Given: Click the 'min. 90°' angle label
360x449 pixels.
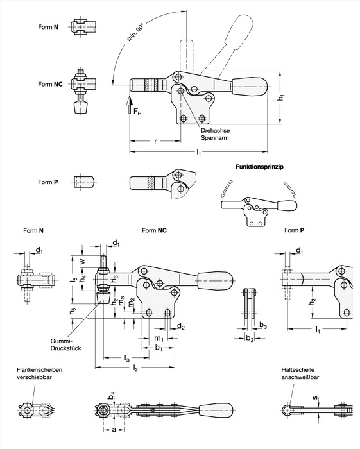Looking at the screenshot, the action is point(135,33).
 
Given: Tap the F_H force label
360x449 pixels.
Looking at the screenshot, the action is point(137,112).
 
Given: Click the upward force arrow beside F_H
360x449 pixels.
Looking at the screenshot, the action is point(130,105).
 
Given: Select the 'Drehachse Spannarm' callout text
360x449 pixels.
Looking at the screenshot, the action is point(215,134).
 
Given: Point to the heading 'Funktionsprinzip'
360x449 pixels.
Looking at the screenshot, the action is point(259,167).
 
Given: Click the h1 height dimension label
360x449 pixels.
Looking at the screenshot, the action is point(282,97).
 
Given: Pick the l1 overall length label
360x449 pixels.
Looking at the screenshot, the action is point(198,153).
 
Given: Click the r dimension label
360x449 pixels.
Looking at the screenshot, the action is point(155,141).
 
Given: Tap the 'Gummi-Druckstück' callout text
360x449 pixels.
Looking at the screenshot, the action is point(65,345).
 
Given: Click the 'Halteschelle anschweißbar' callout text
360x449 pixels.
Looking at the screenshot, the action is point(300,373).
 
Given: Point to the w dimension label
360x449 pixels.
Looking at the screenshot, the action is point(83,261).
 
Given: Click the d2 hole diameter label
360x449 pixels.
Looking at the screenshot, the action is point(181,326).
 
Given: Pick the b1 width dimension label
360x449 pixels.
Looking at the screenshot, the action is point(159,348).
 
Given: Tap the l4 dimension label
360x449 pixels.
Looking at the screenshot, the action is point(318,330).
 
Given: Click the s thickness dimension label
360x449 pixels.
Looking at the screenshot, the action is point(315,398).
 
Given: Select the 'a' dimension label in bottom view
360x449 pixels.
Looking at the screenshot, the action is point(114,430).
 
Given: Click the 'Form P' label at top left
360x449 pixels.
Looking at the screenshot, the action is point(48,182).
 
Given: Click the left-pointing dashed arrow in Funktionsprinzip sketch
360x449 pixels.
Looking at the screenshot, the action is point(227,189).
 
